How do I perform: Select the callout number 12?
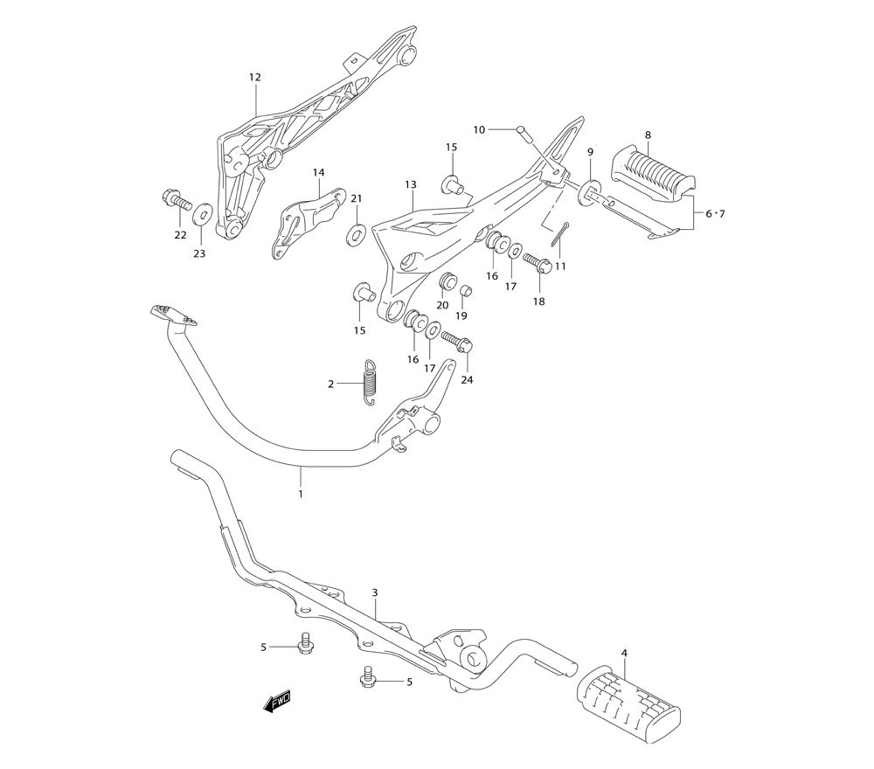(254, 78)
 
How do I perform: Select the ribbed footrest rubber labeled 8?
(653, 169)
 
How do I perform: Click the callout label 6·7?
(715, 213)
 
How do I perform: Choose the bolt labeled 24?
(457, 342)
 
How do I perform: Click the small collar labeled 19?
(466, 290)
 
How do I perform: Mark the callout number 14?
(318, 173)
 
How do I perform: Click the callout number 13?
(411, 184)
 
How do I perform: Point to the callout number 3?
(375, 592)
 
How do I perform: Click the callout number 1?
(301, 493)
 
